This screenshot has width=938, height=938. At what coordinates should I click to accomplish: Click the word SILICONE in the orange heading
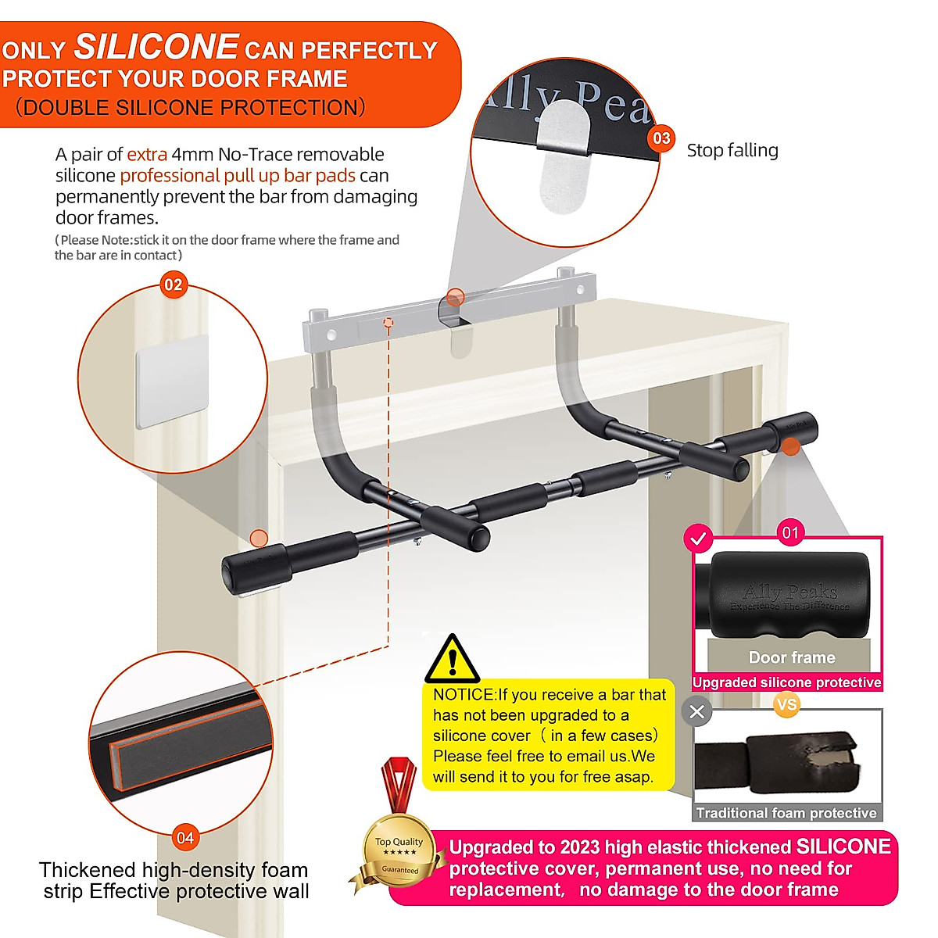[x=156, y=47]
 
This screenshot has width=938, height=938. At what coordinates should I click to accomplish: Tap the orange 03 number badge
[x=661, y=138]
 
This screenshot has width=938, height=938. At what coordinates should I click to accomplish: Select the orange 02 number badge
[x=174, y=285]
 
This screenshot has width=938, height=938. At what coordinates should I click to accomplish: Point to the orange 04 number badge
[x=185, y=838]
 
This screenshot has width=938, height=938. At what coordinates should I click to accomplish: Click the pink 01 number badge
[x=790, y=533]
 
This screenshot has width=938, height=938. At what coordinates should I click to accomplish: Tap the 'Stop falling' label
[x=732, y=150]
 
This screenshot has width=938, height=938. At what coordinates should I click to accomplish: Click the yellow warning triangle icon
[x=453, y=659]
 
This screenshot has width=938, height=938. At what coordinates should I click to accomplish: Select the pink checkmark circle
[x=699, y=539]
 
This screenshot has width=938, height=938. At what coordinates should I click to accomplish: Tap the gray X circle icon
[x=697, y=712]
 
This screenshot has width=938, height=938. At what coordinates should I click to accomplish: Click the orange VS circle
[x=786, y=704]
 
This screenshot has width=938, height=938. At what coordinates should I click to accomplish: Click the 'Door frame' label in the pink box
[x=792, y=657]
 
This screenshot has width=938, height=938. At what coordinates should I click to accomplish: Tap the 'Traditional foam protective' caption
[x=786, y=813]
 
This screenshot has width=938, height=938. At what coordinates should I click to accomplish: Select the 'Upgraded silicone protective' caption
[x=786, y=682]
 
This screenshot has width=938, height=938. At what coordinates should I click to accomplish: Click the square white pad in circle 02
[x=172, y=381]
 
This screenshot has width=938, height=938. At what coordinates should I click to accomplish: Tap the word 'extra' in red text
[x=147, y=154]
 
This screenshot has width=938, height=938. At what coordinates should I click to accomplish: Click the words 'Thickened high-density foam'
[x=174, y=870]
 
